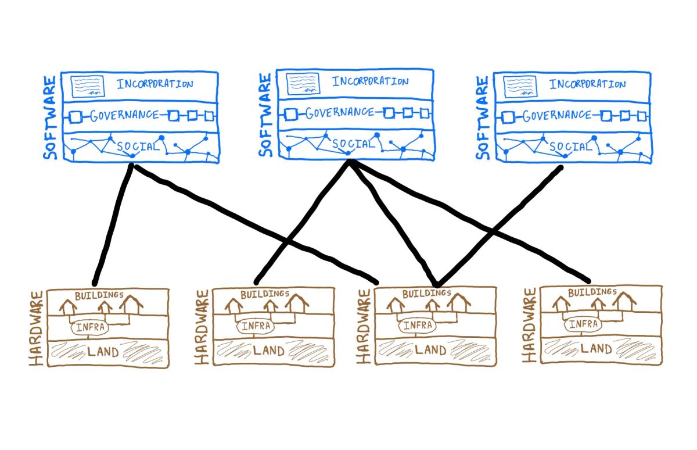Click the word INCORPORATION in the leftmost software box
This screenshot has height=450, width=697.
(155, 84)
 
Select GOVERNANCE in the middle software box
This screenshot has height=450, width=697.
(340, 112)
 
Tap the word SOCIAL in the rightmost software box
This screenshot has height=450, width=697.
(570, 147)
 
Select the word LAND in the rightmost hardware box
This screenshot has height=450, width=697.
(596, 349)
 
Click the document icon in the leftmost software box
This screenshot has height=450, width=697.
(88, 86)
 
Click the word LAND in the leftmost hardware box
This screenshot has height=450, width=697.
(104, 351)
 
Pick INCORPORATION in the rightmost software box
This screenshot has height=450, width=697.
(588, 84)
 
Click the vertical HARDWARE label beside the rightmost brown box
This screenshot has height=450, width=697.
(529, 326)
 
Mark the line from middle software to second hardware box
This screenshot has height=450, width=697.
(302, 221)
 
